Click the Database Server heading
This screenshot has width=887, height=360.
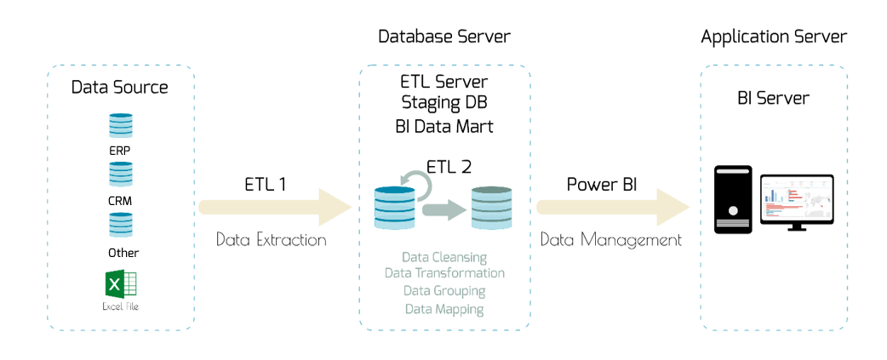444,37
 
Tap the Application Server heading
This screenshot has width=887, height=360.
774,37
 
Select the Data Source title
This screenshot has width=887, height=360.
120,87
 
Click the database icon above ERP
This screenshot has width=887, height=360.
121,126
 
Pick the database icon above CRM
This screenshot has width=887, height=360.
121,174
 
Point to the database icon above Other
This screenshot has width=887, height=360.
121,225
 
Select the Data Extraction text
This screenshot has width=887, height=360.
271,240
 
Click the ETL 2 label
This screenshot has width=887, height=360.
448,168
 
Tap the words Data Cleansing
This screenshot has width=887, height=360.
444,257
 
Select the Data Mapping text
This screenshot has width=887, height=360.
444,310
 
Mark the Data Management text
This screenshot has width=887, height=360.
611,240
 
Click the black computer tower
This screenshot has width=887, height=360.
732,200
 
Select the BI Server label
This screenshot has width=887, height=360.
773,98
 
